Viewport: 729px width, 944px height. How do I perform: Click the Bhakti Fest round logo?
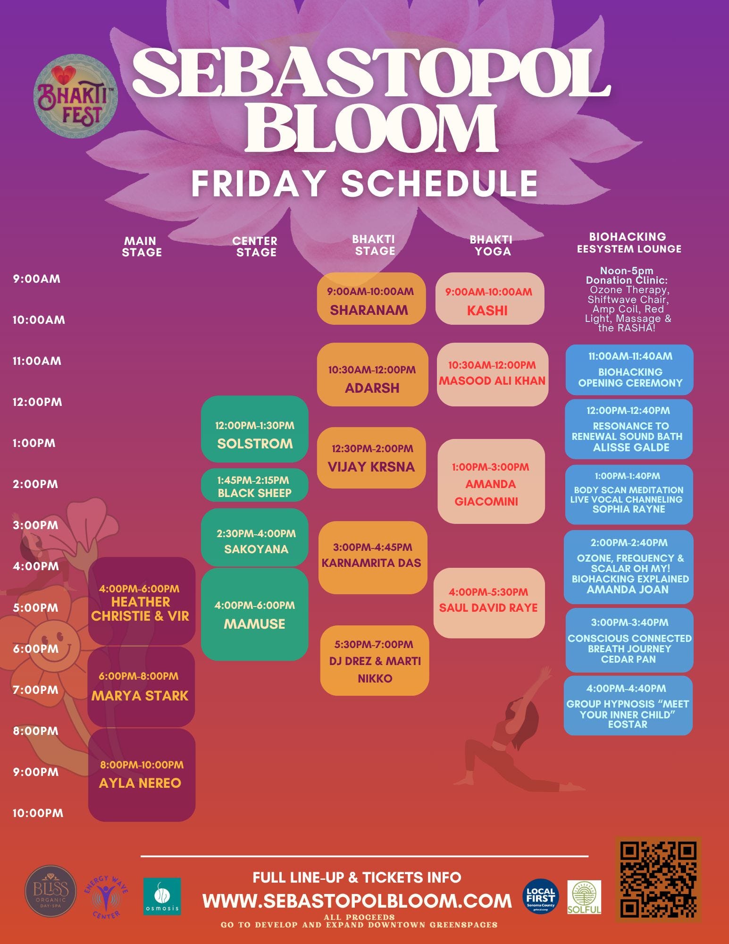click(75, 96)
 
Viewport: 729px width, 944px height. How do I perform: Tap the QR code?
click(658, 879)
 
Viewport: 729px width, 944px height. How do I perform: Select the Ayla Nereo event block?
click(142, 775)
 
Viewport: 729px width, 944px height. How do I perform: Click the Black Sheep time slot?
click(254, 486)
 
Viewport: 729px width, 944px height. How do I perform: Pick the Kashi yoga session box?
click(489, 299)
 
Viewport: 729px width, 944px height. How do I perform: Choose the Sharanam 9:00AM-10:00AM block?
click(371, 299)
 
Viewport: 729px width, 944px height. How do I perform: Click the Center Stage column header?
click(255, 246)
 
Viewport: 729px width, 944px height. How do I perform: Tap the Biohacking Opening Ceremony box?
click(629, 370)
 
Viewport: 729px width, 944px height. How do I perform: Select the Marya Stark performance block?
click(141, 686)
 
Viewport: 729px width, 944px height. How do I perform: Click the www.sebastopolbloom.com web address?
click(357, 901)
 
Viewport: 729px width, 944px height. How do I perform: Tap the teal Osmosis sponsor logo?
click(162, 896)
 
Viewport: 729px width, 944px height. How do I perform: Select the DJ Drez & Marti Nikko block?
click(375, 660)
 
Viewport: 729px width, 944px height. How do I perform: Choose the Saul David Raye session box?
click(489, 603)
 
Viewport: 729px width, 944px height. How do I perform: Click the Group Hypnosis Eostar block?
click(628, 706)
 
